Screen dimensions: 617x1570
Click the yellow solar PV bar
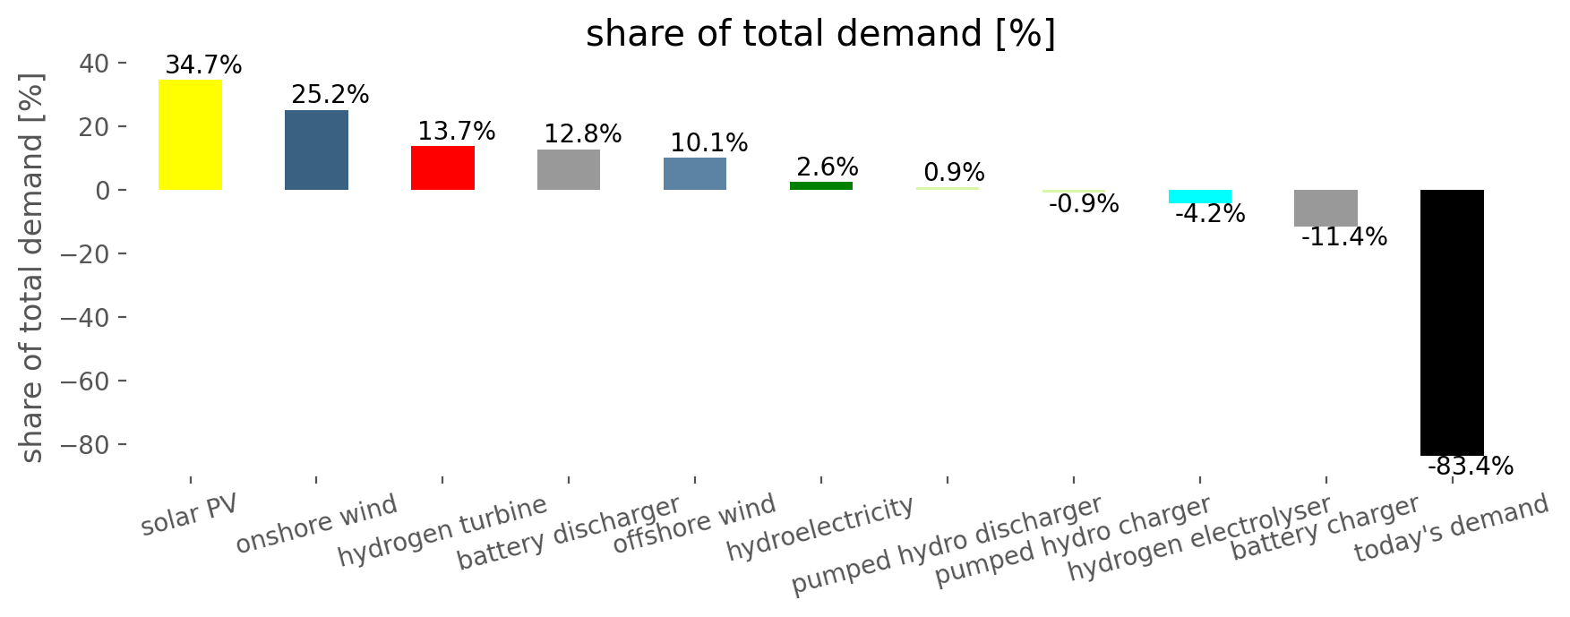190,134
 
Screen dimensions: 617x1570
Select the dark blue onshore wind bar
316,150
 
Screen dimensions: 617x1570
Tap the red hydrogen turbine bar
442,167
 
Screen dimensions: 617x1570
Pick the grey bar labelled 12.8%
569,169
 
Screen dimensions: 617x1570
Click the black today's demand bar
1452,322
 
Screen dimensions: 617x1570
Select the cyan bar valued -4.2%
1200,196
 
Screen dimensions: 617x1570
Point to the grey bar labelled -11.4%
1325,208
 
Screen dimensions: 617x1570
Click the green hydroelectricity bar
821,185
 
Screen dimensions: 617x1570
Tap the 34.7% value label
203,65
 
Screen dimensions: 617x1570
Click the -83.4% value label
1471,467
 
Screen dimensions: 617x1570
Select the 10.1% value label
709,143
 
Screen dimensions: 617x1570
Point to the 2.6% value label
828,167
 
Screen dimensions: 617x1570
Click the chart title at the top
820,34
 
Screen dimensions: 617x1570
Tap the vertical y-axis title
32,269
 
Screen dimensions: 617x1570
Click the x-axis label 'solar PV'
190,516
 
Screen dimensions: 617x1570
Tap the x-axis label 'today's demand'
1451,528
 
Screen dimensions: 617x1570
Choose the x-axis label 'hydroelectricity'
820,528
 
